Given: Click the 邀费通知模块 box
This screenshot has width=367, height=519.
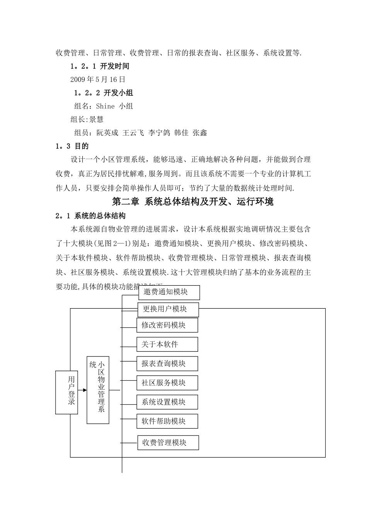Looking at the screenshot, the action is tap(169, 292).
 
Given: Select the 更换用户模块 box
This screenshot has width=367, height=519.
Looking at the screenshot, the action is tap(168, 309).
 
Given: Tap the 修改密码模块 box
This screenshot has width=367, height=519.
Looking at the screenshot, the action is tap(167, 325).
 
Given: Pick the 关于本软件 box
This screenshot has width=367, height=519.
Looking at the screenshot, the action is tap(167, 344).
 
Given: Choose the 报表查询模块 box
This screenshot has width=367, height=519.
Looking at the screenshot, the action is tap(167, 363).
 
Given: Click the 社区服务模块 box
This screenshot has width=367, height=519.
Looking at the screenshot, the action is tap(167, 383).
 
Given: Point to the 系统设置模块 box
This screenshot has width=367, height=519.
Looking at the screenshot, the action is tap(167, 402).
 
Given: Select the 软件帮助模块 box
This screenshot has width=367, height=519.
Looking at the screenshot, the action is tap(167, 421).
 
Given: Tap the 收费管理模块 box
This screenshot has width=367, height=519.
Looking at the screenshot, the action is tap(168, 443).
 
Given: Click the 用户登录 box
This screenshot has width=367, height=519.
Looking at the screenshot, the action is tap(66, 392).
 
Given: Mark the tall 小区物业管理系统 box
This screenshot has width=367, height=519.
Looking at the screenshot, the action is tap(98, 390).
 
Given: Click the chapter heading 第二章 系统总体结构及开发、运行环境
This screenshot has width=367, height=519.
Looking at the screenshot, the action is tap(192, 202).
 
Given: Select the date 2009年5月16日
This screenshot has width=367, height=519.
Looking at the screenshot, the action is tap(98, 80).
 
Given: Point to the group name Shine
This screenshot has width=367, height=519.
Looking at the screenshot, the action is tap(105, 106).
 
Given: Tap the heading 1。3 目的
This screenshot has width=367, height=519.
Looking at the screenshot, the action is tap(72, 146).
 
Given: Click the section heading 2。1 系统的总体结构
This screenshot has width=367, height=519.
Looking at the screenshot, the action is tap(91, 215).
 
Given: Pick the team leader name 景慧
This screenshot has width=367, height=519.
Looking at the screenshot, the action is tap(96, 119).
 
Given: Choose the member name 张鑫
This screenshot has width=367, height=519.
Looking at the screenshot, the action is tap(200, 133).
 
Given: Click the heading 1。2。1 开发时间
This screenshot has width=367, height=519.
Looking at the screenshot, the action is tap(100, 66).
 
